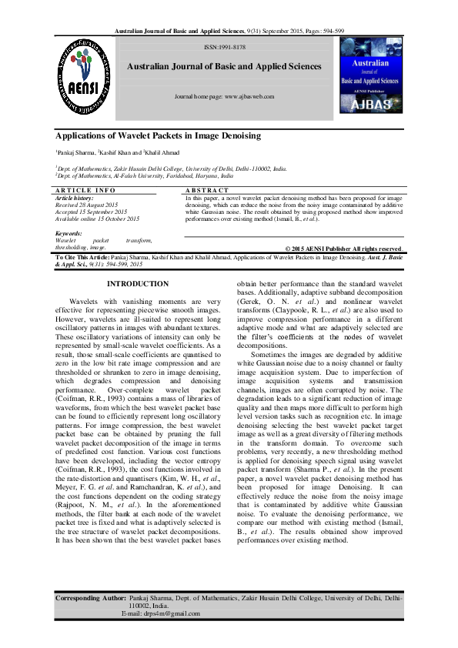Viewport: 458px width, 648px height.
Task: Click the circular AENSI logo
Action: click(x=80, y=76)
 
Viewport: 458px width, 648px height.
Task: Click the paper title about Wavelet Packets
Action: click(x=159, y=135)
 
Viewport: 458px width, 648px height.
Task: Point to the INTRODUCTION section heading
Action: click(x=137, y=262)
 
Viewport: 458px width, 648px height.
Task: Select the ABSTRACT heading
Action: click(x=208, y=189)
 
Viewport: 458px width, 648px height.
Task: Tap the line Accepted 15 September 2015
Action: click(x=92, y=211)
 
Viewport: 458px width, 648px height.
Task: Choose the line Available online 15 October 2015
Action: click(x=98, y=218)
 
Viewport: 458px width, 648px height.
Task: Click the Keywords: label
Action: click(x=69, y=232)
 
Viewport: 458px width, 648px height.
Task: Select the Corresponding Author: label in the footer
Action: click(x=89, y=597)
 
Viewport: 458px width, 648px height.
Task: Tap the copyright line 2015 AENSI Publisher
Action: click(x=347, y=249)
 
